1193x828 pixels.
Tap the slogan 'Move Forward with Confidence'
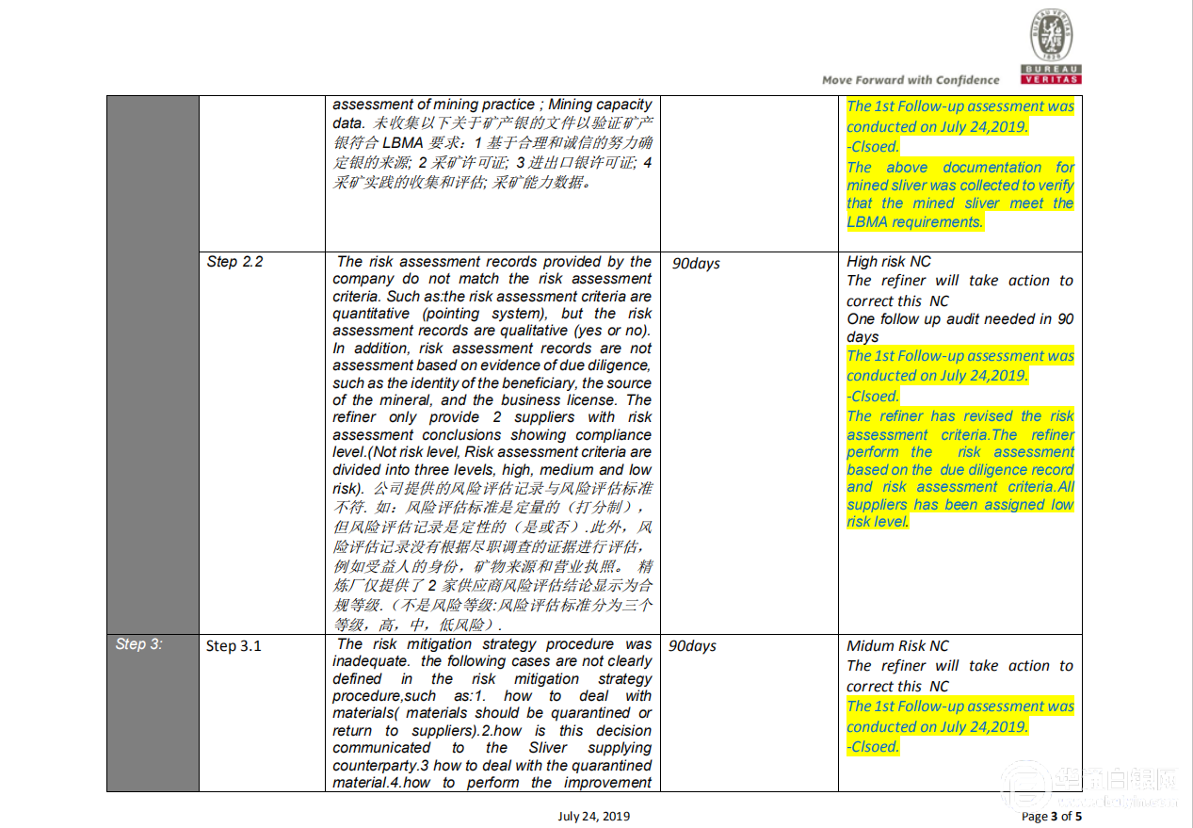click(x=911, y=80)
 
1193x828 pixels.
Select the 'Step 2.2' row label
click(x=235, y=262)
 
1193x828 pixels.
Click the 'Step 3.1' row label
click(x=234, y=646)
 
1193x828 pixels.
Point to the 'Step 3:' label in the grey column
click(x=139, y=644)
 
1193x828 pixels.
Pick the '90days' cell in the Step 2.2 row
click(x=696, y=264)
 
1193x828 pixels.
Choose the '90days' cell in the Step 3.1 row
click(x=692, y=646)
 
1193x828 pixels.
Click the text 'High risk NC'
click(x=889, y=262)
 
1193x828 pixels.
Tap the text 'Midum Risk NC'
click(x=897, y=646)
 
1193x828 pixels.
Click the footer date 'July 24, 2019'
click(x=593, y=817)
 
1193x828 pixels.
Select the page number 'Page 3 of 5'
click(x=1052, y=817)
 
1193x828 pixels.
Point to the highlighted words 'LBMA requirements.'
click(x=914, y=222)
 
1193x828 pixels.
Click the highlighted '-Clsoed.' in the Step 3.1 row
click(x=873, y=747)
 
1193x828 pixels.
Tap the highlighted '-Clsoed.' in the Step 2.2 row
click(x=873, y=397)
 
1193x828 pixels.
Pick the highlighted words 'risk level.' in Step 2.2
click(x=878, y=522)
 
